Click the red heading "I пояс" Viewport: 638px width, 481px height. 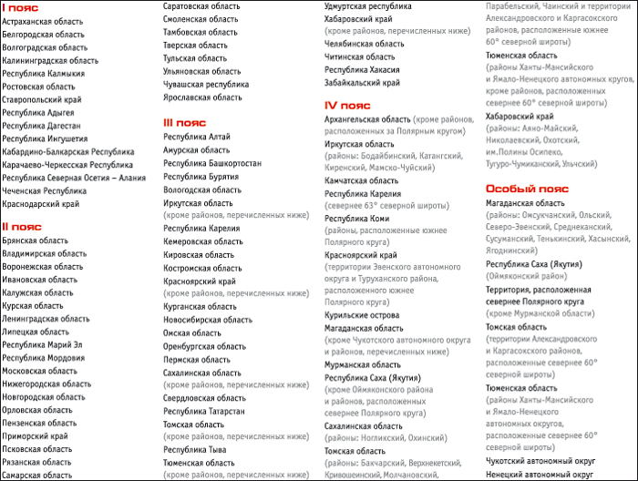(x=20, y=6)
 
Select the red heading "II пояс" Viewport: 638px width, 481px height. (x=22, y=227)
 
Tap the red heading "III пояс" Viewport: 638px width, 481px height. (x=185, y=123)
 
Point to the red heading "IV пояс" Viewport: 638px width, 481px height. (x=347, y=106)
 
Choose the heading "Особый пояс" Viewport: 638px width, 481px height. (x=527, y=189)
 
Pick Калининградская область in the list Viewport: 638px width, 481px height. (x=50, y=60)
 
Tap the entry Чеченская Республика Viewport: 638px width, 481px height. (x=45, y=191)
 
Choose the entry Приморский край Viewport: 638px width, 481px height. (x=36, y=436)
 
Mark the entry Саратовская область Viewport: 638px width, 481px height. (x=202, y=5)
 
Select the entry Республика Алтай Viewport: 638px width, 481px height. (x=197, y=137)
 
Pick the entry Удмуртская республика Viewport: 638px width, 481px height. (x=368, y=5)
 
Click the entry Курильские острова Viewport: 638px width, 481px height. (x=363, y=315)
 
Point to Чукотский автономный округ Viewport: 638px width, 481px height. (x=541, y=461)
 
